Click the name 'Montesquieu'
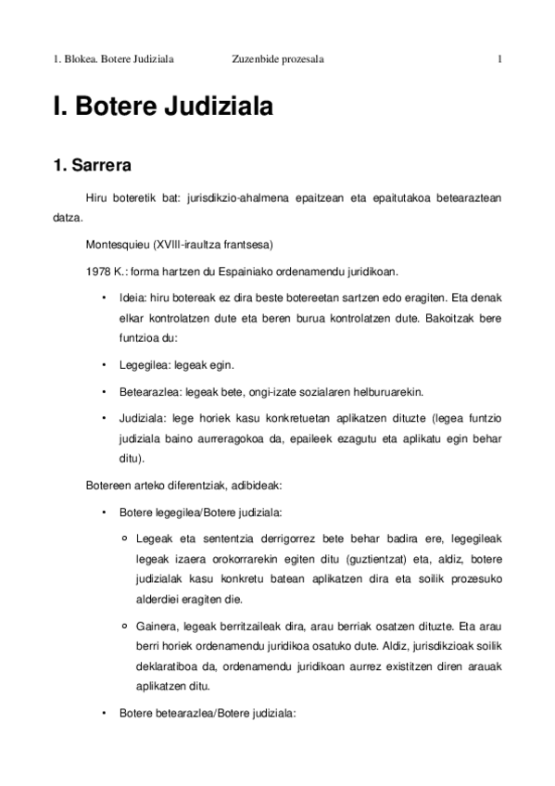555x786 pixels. pos(110,246)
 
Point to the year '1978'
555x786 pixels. pos(96,272)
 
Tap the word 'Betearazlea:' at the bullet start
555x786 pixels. pos(147,391)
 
